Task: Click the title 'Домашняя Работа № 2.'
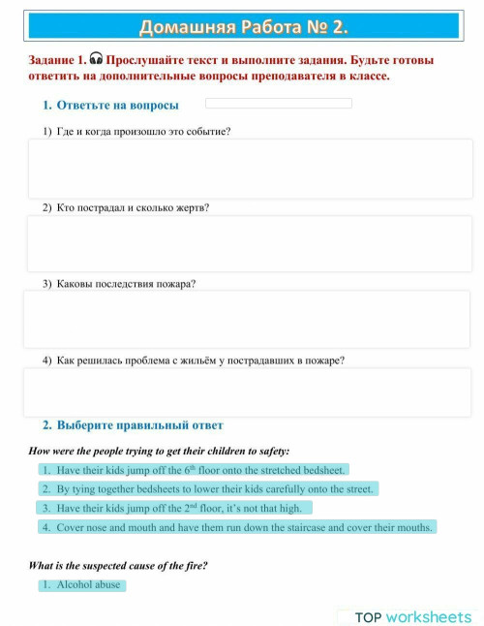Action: (242, 26)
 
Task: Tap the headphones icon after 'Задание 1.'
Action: (96, 59)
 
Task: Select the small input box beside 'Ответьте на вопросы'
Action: (279, 104)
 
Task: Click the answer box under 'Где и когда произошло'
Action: (250, 169)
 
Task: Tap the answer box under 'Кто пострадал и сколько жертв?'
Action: (250, 243)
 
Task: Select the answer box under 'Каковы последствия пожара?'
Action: (247, 320)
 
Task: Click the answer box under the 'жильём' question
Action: (247, 393)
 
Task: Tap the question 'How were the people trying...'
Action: (160, 451)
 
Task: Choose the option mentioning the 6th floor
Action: (193, 470)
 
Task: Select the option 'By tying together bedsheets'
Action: (207, 489)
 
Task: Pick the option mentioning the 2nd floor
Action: (174, 508)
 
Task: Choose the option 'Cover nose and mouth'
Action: (237, 527)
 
